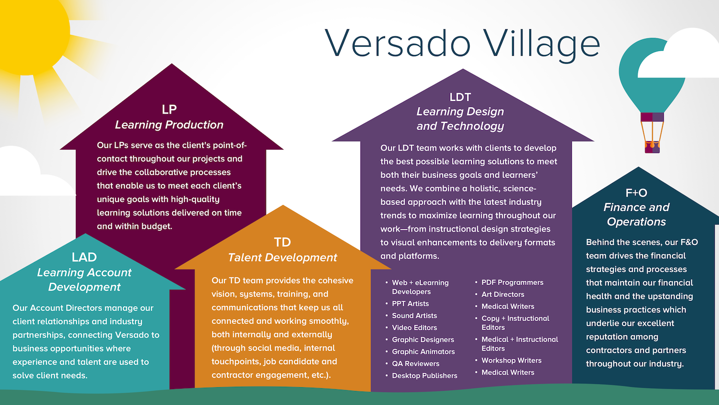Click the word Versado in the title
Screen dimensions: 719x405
coord(398,43)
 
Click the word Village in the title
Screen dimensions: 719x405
coord(542,45)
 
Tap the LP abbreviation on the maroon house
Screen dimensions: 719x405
coord(169,109)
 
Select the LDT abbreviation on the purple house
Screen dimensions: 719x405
coord(460,97)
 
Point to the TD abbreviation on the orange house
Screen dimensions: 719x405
coord(282,242)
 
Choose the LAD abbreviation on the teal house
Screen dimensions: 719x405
coord(84,257)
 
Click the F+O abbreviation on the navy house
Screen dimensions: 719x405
coord(636,192)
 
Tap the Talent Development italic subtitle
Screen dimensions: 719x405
coord(282,258)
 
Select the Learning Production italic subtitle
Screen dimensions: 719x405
coord(169,125)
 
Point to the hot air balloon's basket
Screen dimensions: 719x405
coord(652,146)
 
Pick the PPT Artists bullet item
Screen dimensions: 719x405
coord(410,303)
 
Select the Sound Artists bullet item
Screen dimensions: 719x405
coord(415,316)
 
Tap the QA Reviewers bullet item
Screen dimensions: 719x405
coord(416,364)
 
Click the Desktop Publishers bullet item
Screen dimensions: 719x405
coord(425,375)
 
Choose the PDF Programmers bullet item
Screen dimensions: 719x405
coord(512,282)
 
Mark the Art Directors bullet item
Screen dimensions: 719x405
coord(503,294)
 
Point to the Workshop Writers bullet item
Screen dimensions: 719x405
coord(511,360)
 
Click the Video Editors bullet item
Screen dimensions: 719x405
coord(415,328)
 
